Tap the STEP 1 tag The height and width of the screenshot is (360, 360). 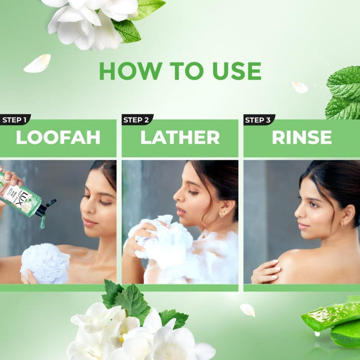click(14, 120)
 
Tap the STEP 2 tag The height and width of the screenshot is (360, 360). click(136, 120)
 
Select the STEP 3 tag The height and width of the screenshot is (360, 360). click(258, 120)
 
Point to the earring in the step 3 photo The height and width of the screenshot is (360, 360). click(343, 223)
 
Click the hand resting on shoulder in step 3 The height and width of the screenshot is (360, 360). click(266, 272)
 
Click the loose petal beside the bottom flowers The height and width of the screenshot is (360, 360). click(247, 310)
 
